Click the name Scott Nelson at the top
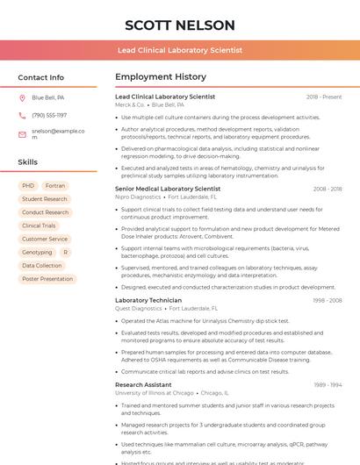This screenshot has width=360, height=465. point(180,25)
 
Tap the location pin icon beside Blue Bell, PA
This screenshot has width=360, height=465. point(22,97)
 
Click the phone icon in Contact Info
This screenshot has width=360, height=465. point(22,115)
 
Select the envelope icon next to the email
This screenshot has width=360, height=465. point(22,134)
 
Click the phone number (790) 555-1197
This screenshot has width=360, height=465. point(49,115)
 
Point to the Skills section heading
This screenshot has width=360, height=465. point(28,162)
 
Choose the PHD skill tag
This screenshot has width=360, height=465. point(28,186)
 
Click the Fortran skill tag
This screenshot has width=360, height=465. point(55,186)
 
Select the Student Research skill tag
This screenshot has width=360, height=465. point(45,199)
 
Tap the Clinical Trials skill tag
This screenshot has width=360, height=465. point(39,225)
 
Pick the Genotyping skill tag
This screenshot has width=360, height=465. point(37,252)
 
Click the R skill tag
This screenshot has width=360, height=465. point(65,252)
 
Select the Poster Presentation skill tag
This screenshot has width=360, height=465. point(47,279)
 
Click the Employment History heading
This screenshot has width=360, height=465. point(161,77)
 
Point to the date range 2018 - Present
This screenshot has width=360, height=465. point(324,97)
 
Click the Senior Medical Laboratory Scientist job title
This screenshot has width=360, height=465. point(168,189)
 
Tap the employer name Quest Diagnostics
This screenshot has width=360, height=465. point(139,309)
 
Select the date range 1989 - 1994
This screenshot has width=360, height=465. point(327,384)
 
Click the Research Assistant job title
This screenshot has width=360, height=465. point(143,384)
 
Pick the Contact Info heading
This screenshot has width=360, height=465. point(41,77)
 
